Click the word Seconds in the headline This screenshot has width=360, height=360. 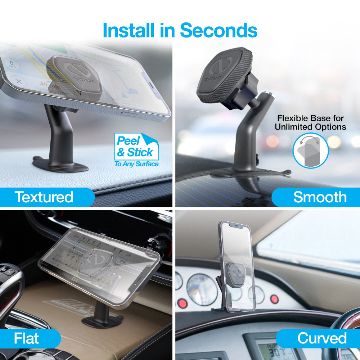(219, 30)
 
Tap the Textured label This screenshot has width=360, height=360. (44, 197)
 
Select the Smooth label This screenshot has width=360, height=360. (320, 197)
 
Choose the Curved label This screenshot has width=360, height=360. (322, 338)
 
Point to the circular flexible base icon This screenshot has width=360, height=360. (310, 151)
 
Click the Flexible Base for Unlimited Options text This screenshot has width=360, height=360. (310, 122)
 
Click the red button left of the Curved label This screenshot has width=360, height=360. (275, 298)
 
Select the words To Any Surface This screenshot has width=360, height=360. (136, 164)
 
